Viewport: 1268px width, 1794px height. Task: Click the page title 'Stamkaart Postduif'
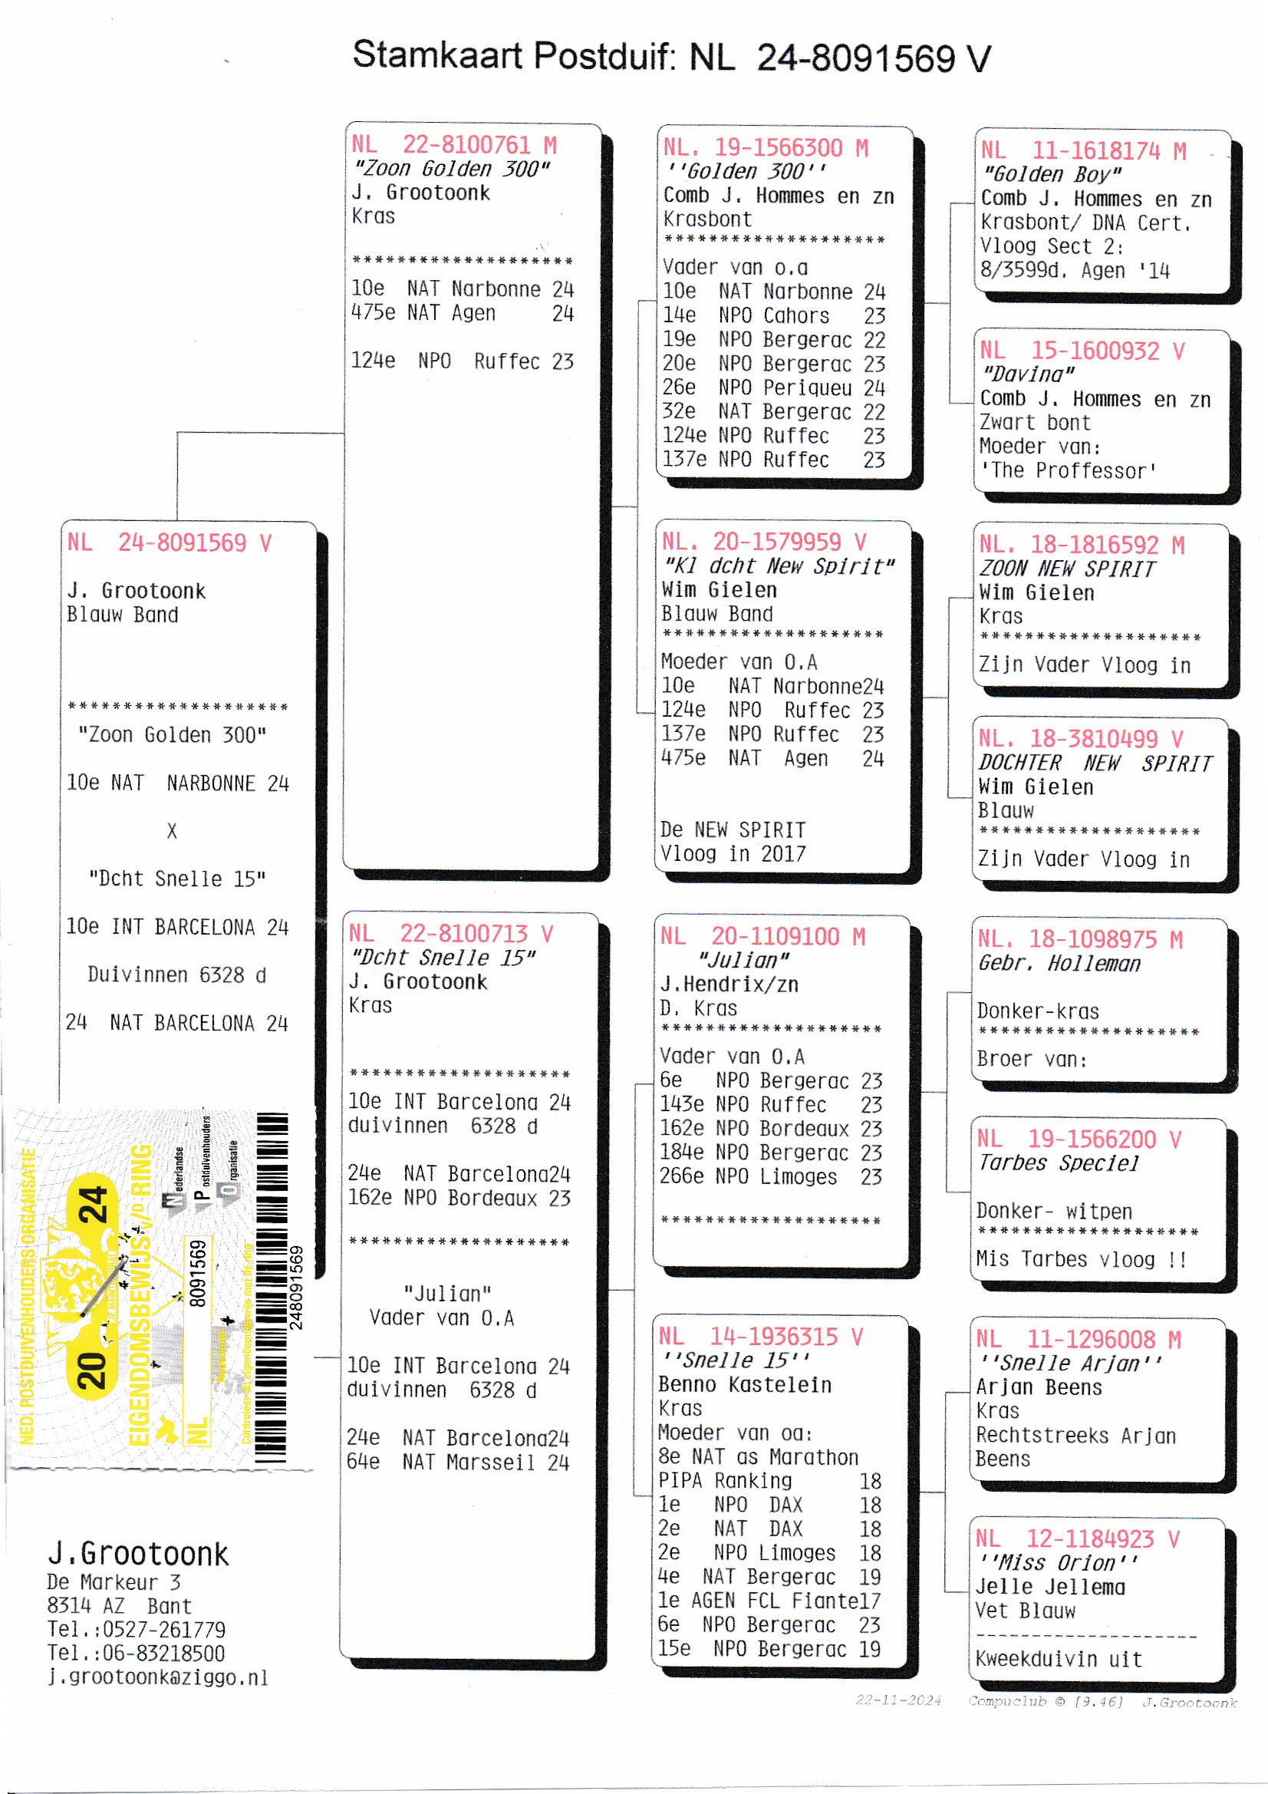tap(514, 56)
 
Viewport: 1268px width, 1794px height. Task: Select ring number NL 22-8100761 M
tap(454, 144)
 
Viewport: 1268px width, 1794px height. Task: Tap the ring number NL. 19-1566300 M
tap(766, 147)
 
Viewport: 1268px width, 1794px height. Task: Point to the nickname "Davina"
tap(1028, 374)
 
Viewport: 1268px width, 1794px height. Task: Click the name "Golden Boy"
tap(1052, 174)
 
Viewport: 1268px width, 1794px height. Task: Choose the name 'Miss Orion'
tap(1056, 1563)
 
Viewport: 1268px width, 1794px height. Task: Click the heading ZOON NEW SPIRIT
tap(1066, 569)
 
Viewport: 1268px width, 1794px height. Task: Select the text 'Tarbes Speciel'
tap(1059, 1163)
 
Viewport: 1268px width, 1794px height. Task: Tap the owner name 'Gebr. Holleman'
tap(1059, 964)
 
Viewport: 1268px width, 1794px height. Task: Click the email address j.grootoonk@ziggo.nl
tap(157, 1677)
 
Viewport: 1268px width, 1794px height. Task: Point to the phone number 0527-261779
tap(164, 1630)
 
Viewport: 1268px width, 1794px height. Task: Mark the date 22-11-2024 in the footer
tap(898, 1701)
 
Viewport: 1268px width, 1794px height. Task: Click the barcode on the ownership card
tap(272, 1285)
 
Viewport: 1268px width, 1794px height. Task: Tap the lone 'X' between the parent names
tap(172, 831)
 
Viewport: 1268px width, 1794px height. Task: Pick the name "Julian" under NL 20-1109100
tap(743, 960)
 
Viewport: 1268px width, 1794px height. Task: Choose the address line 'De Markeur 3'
tap(114, 1582)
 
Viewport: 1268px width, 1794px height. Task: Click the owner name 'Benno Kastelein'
tap(745, 1384)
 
